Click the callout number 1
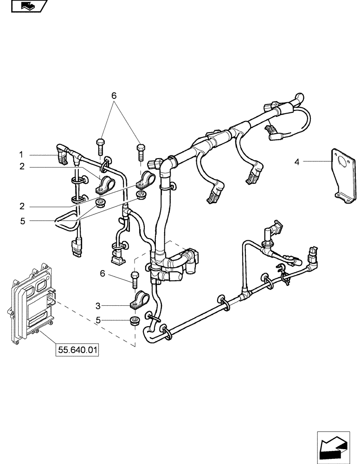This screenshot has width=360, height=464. click(x=21, y=154)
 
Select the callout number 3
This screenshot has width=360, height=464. click(x=97, y=305)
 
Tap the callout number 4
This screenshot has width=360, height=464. click(x=297, y=162)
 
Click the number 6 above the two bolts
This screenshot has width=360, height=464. click(x=114, y=96)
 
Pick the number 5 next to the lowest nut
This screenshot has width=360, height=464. click(x=97, y=320)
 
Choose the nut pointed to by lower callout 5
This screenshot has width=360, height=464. click(x=135, y=321)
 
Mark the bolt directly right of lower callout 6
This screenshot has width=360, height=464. click(x=135, y=278)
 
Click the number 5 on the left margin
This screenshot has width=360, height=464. click(x=21, y=221)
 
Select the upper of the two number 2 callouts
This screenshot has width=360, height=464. click(x=21, y=167)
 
